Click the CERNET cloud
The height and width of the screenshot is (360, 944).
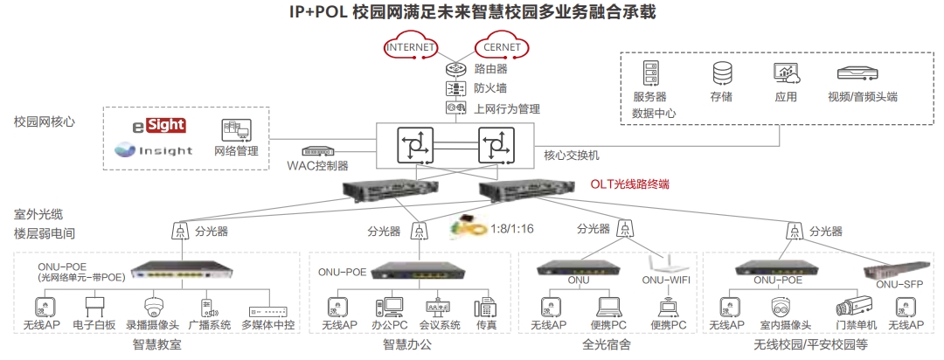click(501, 46)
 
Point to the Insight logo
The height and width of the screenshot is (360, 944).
click(154, 150)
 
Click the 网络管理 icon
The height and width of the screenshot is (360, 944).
click(236, 131)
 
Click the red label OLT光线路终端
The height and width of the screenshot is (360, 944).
click(629, 184)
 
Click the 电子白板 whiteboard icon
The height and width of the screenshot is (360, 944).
click(94, 307)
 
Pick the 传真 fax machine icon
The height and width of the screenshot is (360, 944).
click(485, 308)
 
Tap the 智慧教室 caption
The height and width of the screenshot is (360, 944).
click(158, 345)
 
